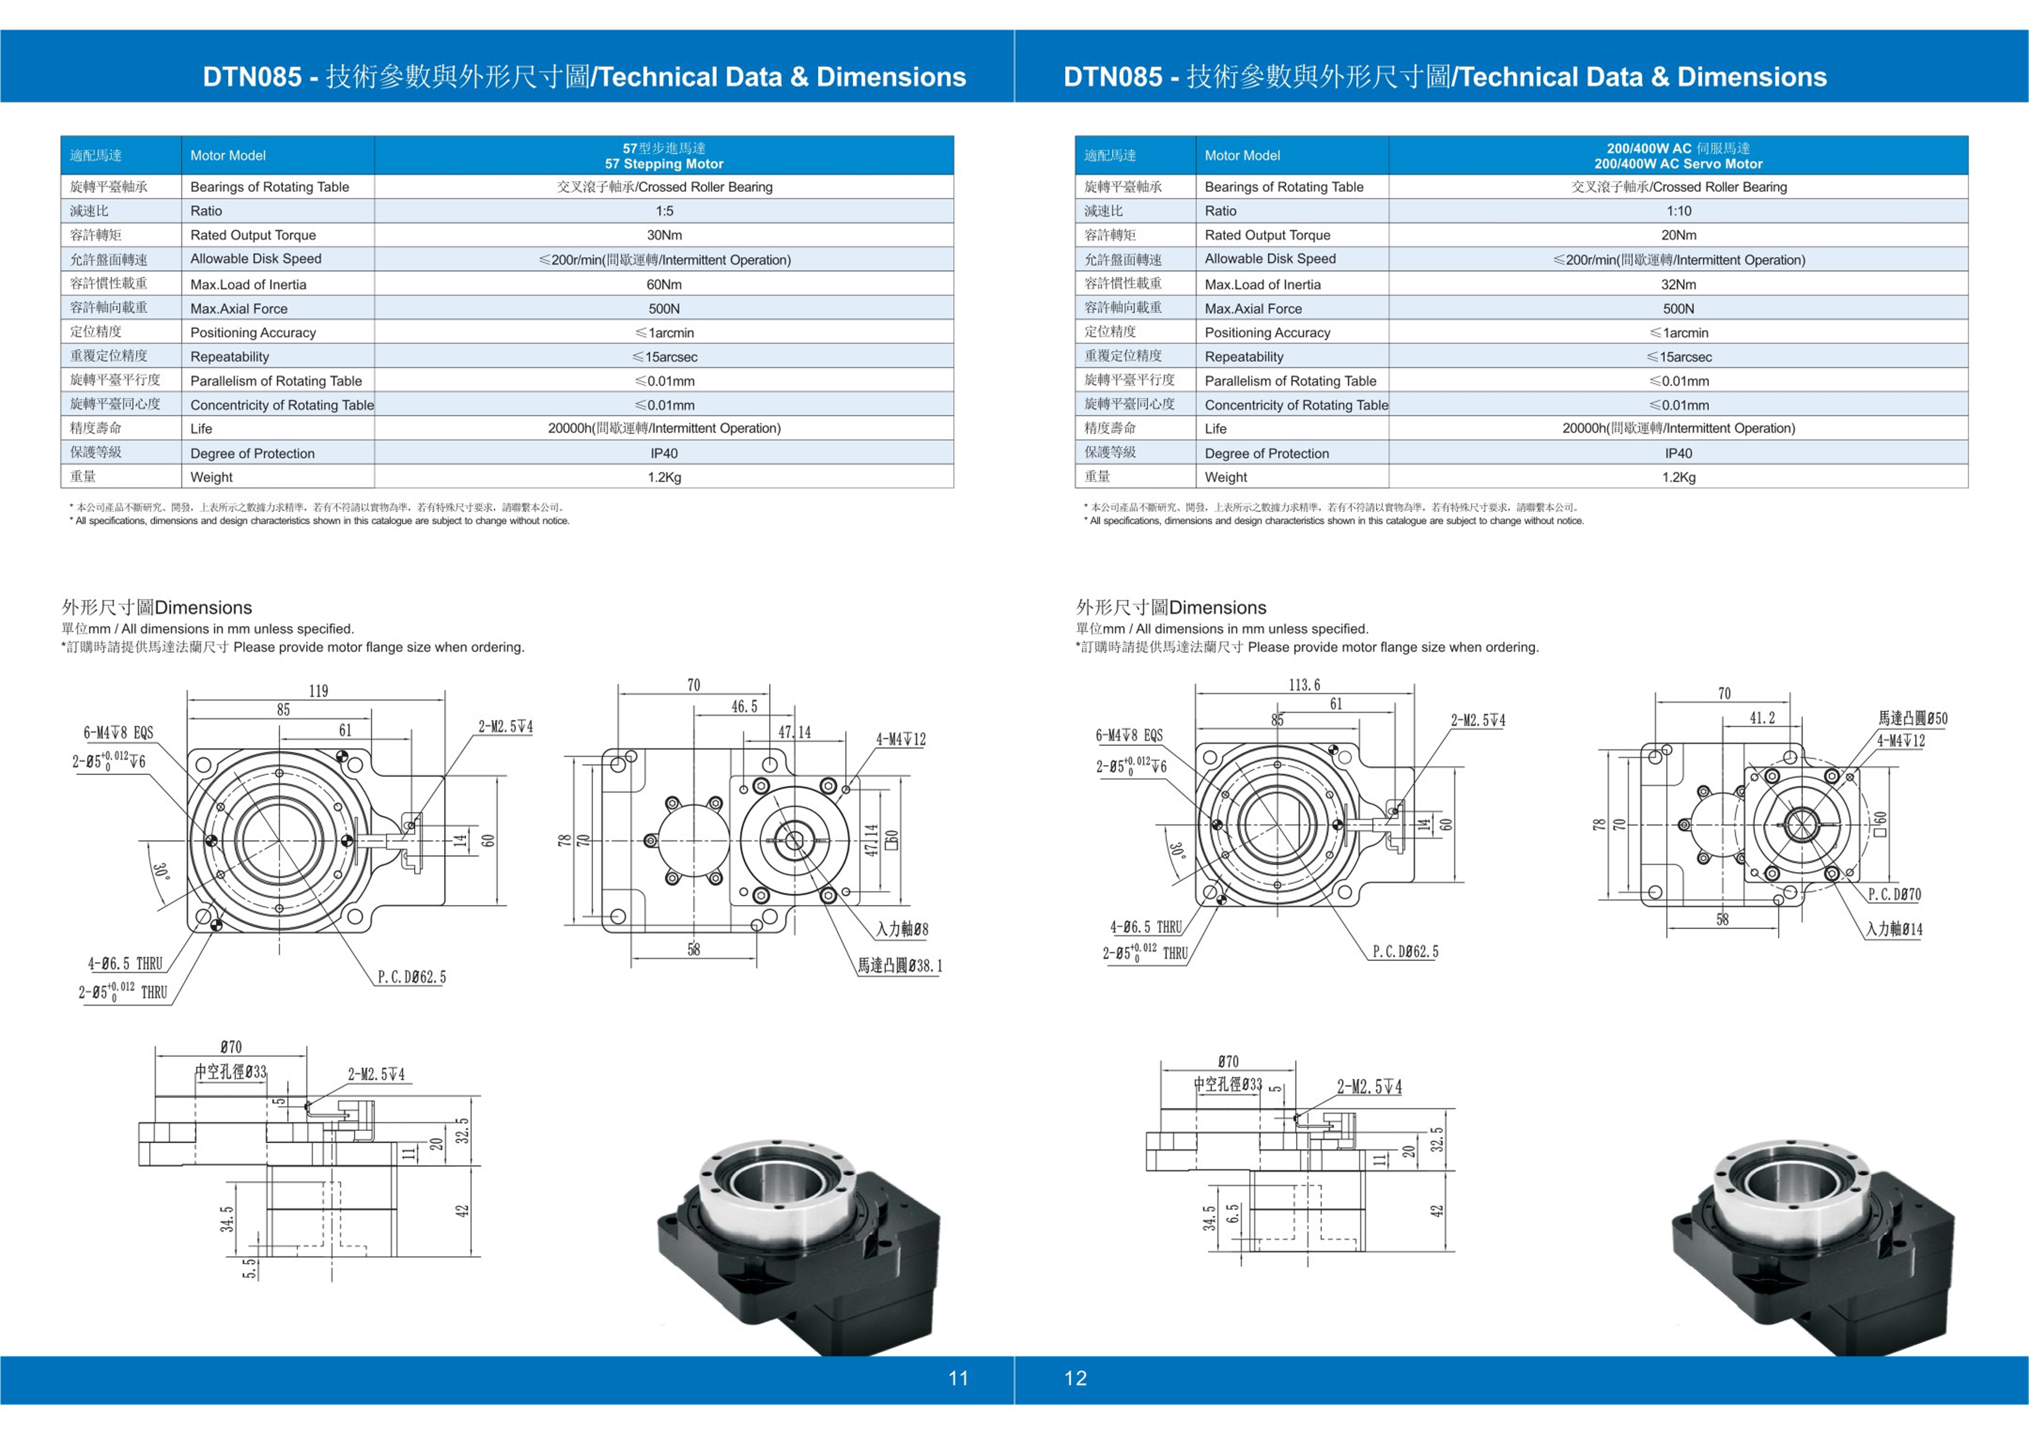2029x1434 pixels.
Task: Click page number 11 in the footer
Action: coord(958,1378)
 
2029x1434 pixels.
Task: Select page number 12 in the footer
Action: coord(1075,1378)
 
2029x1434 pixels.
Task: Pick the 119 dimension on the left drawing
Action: coord(318,691)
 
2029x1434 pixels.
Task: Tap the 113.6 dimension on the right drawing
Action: coord(1304,685)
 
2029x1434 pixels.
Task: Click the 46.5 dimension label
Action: coord(744,707)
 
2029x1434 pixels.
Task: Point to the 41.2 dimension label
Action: coord(1762,718)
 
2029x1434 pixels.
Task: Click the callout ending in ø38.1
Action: coord(899,966)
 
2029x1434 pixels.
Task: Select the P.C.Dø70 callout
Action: coord(1894,894)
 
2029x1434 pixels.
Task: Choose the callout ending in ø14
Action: coord(1894,929)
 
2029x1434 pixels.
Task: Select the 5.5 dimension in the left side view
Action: coord(250,1268)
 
